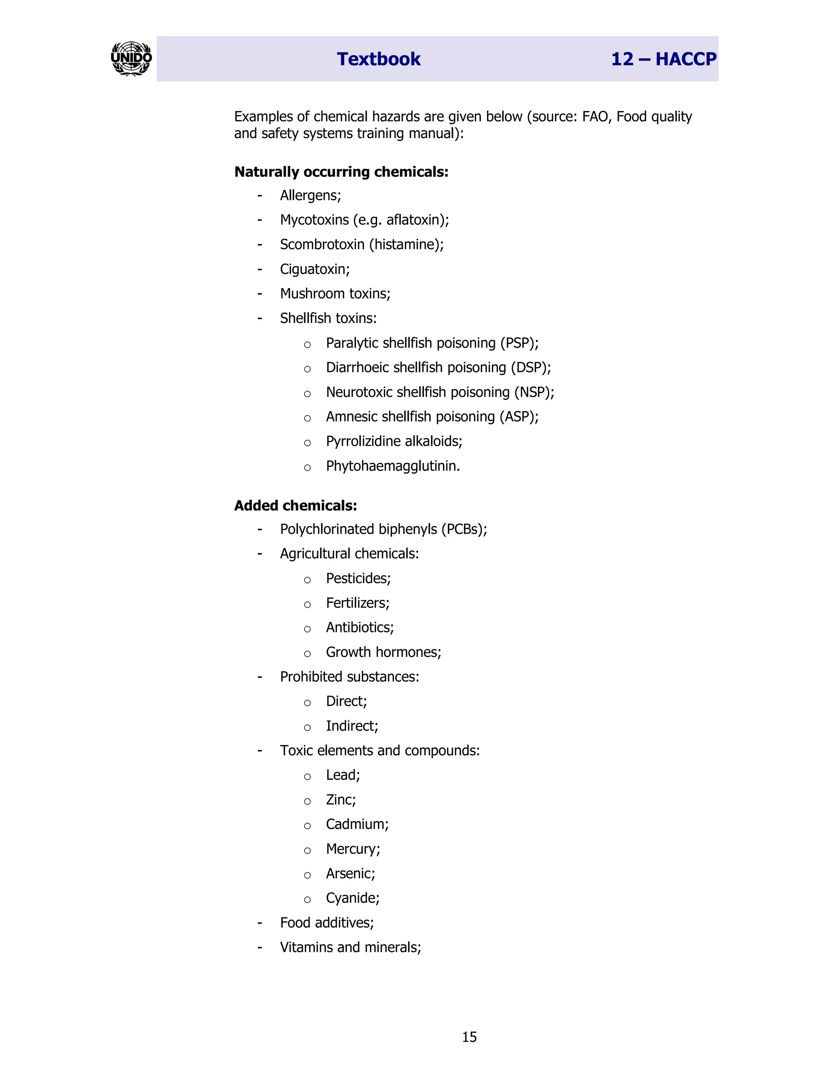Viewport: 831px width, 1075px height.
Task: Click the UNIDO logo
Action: [131, 58]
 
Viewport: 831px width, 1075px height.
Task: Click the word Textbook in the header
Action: [378, 59]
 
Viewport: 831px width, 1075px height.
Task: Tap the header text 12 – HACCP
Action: [663, 59]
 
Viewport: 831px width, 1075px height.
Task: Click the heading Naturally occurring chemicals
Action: [341, 172]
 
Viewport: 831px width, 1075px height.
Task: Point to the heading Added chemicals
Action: [295, 505]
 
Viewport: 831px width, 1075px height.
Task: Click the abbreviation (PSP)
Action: [519, 343]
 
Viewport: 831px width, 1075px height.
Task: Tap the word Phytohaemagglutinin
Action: [392, 466]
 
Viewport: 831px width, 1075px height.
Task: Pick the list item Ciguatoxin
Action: [314, 269]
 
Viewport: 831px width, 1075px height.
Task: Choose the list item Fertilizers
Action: [357, 603]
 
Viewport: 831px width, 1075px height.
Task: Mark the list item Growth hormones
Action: [383, 652]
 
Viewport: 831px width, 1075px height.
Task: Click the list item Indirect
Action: [351, 726]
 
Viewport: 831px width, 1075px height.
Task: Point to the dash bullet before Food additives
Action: [259, 923]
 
